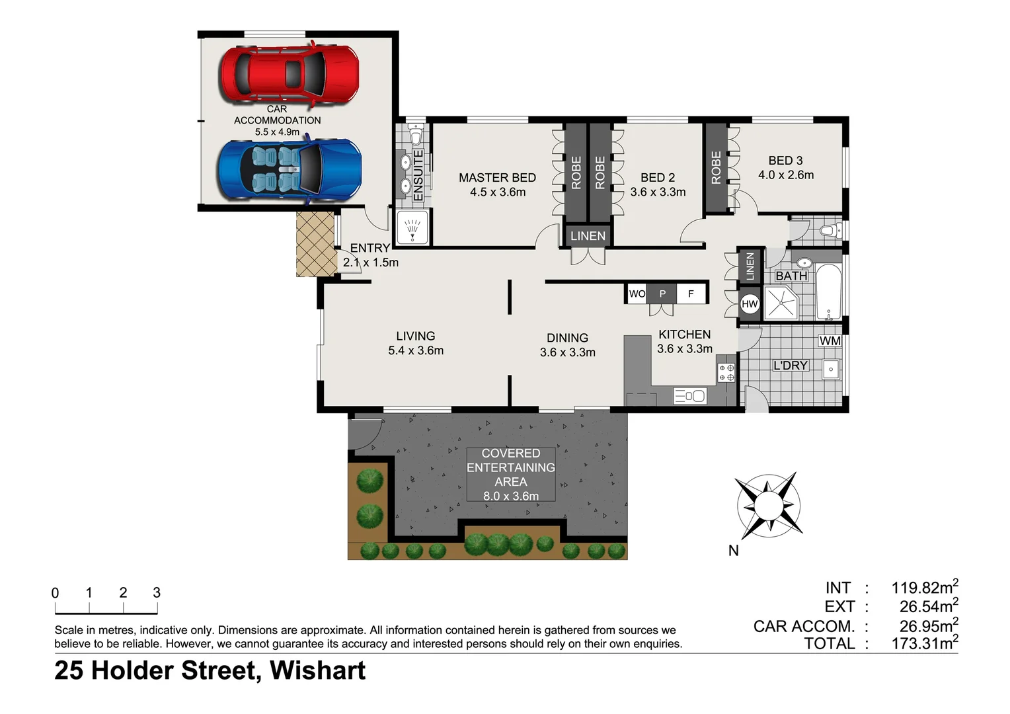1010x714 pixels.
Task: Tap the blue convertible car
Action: click(290, 170)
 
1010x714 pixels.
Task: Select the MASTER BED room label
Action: click(497, 178)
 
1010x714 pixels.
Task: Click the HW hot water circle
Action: click(750, 304)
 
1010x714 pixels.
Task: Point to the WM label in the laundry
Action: click(830, 341)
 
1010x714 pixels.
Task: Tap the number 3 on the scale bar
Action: click(157, 593)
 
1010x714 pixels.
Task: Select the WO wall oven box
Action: click(637, 294)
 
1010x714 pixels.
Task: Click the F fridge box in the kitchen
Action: click(691, 294)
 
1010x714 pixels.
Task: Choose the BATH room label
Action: click(791, 276)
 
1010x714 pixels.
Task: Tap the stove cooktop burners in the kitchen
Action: click(726, 373)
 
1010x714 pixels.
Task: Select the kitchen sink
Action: click(689, 396)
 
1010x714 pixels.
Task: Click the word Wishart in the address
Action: click(317, 670)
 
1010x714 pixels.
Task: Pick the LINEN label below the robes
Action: click(587, 236)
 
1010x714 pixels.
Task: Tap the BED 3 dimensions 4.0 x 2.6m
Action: click(785, 175)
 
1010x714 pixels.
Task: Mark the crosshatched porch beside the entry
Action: click(316, 243)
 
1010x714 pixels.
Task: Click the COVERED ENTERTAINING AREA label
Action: click(510, 467)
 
